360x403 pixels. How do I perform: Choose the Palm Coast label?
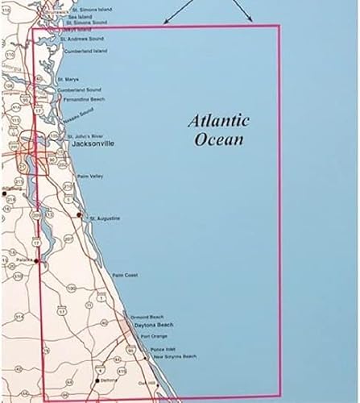[x=125, y=275]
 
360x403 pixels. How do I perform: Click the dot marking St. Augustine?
[x=80, y=217]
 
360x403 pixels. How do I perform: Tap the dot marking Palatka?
[x=35, y=260]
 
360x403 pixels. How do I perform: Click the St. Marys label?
[x=68, y=80]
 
